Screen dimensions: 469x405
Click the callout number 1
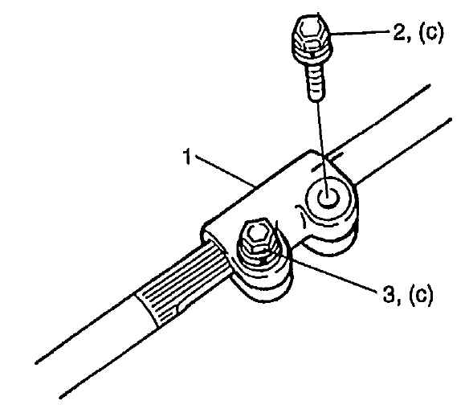point(187,157)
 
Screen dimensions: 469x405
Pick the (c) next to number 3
point(420,295)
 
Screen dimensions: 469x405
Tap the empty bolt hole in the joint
point(328,198)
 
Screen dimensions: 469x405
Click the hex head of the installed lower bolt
point(257,235)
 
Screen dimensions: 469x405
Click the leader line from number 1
point(225,170)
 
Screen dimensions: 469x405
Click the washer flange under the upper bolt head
point(312,54)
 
